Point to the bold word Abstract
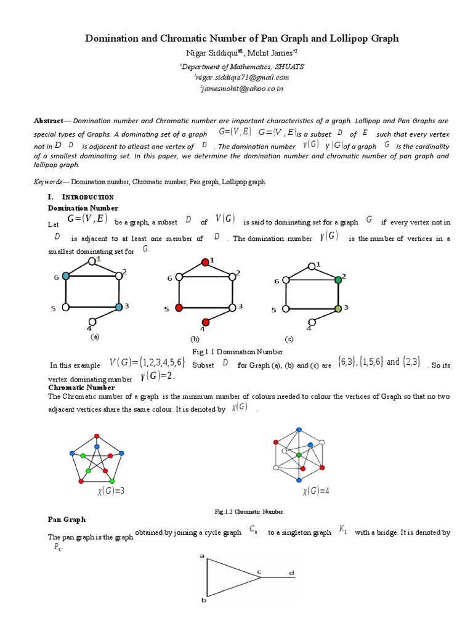(48, 120)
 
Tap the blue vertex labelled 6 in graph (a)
(66, 277)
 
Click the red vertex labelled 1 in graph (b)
(205, 262)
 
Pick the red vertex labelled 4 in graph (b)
(206, 322)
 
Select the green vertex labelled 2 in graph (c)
(338, 280)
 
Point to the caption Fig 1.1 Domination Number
(237, 352)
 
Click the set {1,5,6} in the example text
(368, 362)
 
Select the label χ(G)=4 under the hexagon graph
(316, 491)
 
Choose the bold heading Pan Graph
(67, 519)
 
